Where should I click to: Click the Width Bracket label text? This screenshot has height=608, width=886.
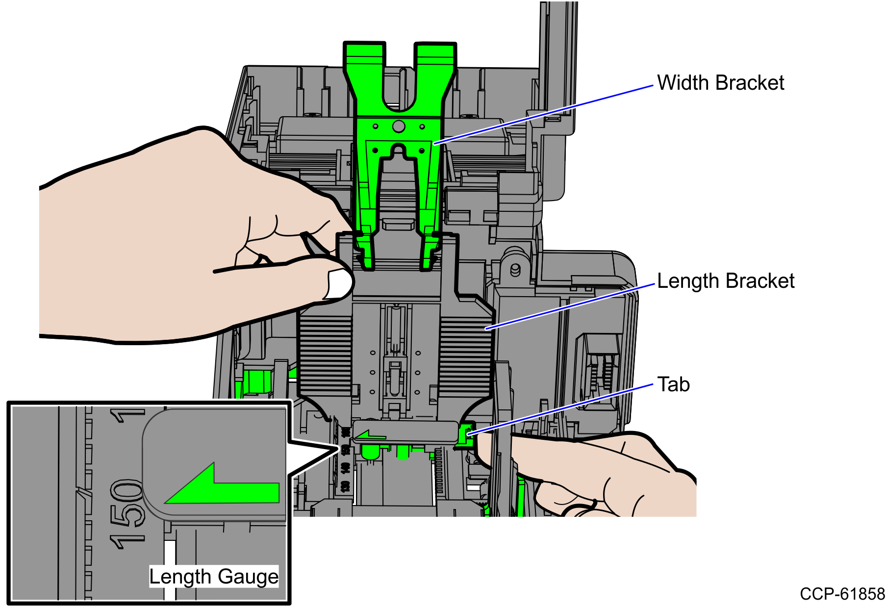[x=720, y=83]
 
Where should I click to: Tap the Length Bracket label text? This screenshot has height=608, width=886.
[x=726, y=281]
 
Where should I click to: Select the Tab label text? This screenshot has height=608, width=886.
[x=673, y=384]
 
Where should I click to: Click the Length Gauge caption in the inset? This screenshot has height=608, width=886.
[x=214, y=577]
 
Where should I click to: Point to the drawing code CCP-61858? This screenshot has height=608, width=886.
[x=842, y=594]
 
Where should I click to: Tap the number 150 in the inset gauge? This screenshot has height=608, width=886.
[x=126, y=514]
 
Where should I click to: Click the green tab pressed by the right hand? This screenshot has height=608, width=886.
[x=464, y=433]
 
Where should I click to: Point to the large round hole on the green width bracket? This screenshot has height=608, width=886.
[x=399, y=127]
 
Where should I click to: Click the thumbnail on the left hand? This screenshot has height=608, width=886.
[x=339, y=283]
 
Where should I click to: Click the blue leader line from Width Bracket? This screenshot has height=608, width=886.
[x=544, y=114]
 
